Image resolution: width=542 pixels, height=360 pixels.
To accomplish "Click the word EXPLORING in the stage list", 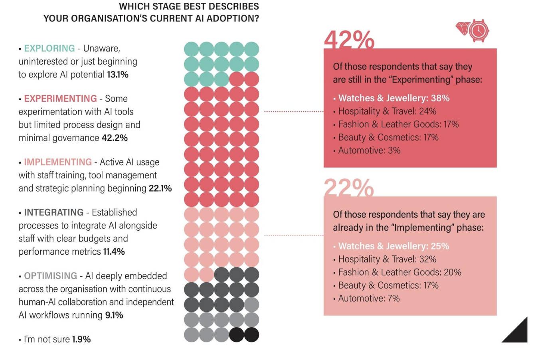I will pos(49,48).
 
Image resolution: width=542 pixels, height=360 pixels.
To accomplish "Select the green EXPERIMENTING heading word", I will pos(60,99).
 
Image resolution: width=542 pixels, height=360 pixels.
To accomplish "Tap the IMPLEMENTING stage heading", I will pos(58,162).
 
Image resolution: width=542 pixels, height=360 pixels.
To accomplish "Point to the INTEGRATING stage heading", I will pos(53,212).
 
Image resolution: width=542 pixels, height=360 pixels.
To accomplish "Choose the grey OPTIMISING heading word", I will pos(50,276).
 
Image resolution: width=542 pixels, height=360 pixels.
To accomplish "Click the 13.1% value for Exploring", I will pos(118,75).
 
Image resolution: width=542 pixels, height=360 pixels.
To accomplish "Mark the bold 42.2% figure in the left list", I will pos(115,138).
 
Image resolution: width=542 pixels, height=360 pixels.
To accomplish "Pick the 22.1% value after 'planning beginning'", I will pos(160,188).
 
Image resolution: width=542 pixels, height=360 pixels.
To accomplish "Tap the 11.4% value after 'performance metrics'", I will pos(114,252).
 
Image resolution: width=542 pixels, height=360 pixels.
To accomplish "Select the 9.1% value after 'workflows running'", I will pos(114,315).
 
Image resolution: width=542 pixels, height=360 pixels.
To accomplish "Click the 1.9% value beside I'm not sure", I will pos(81,339).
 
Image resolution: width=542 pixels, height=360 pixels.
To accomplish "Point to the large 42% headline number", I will pos(349,40).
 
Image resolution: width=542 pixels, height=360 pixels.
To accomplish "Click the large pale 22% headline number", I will pos(348,188).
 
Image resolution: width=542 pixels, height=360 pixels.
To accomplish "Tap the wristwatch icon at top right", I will pos(479,30).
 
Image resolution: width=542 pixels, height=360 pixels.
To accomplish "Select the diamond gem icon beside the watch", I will pos(463,28).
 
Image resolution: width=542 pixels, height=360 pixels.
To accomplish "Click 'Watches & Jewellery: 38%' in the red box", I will pos(394,98).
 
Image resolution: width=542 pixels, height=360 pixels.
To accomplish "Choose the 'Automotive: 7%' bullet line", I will pos(369,299).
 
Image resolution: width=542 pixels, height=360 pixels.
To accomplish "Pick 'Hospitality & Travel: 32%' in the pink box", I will pos(387,259).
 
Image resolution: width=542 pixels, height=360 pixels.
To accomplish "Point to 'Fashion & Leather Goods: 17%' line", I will pos(398,125).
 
